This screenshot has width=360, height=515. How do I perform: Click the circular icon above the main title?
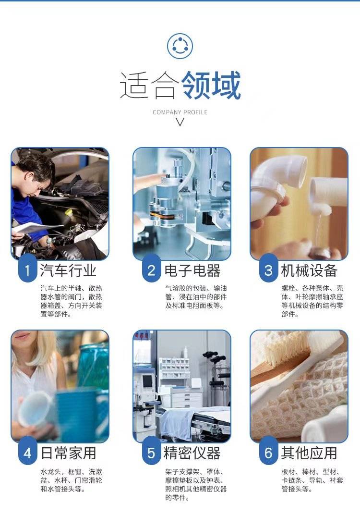(180, 46)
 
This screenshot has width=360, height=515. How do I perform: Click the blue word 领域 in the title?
(211, 85)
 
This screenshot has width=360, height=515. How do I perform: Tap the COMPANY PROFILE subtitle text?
(180, 112)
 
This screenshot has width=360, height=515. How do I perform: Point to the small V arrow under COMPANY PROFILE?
(180, 122)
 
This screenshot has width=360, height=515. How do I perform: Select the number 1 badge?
(27, 270)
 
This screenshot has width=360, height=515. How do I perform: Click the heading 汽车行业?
(68, 270)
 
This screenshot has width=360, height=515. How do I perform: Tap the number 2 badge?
(151, 270)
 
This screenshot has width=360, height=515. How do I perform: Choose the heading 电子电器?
(192, 270)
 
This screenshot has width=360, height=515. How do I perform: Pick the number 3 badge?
(268, 270)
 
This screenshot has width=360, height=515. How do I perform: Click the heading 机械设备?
(309, 270)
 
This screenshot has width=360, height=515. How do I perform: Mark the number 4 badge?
(27, 453)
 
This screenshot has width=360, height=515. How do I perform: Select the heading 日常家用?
(68, 453)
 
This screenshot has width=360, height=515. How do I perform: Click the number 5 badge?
(151, 453)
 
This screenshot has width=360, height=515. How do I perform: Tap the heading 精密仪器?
(192, 453)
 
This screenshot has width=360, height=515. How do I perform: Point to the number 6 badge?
(268, 453)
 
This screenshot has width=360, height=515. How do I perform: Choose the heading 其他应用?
(309, 453)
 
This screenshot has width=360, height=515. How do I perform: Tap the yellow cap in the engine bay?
(68, 212)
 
